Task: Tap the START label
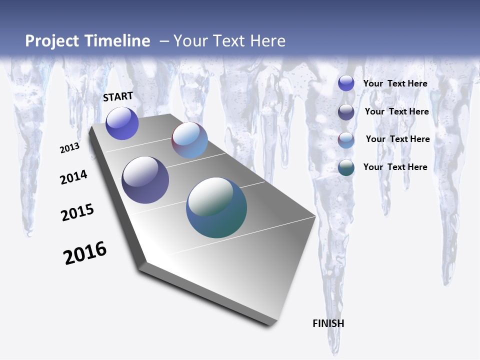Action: pyautogui.click(x=118, y=96)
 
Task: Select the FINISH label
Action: pyautogui.click(x=328, y=323)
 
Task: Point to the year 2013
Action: pyautogui.click(x=69, y=148)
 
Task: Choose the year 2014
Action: pyautogui.click(x=73, y=177)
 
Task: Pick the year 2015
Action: pyautogui.click(x=77, y=212)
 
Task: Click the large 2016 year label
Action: pyautogui.click(x=85, y=253)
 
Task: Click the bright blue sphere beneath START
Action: pyautogui.click(x=122, y=123)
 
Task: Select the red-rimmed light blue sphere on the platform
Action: pyautogui.click(x=189, y=140)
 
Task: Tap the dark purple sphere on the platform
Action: pyautogui.click(x=145, y=180)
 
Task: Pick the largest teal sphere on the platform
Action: pyautogui.click(x=216, y=207)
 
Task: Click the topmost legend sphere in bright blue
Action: pyautogui.click(x=346, y=83)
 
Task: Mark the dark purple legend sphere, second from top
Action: pyautogui.click(x=346, y=112)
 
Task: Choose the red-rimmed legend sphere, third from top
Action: pyautogui.click(x=346, y=140)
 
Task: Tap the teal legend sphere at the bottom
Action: pyautogui.click(x=346, y=167)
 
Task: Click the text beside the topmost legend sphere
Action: pyautogui.click(x=395, y=83)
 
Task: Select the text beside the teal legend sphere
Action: pyautogui.click(x=395, y=167)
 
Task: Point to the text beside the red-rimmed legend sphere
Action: pyautogui.click(x=397, y=139)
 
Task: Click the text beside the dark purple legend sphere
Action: pyautogui.click(x=396, y=111)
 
